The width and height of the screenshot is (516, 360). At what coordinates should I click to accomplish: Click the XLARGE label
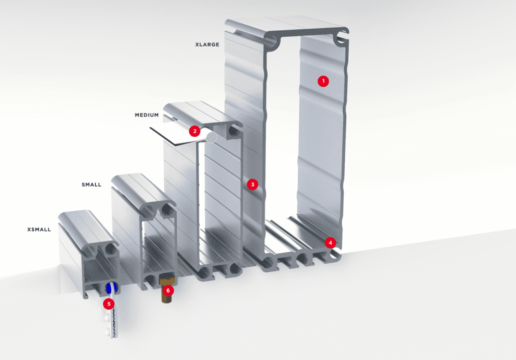pyautogui.click(x=207, y=44)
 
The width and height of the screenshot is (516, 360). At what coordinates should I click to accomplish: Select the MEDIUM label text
pyautogui.click(x=147, y=115)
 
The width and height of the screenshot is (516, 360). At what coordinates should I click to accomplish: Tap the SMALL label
pyautogui.click(x=92, y=185)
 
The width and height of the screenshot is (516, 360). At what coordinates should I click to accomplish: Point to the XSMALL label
pyautogui.click(x=39, y=229)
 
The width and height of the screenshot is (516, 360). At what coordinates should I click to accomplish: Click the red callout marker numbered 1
pyautogui.click(x=323, y=81)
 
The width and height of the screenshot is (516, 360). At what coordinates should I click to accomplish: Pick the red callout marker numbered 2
pyautogui.click(x=195, y=131)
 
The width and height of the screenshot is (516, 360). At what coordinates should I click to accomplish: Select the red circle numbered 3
pyautogui.click(x=252, y=185)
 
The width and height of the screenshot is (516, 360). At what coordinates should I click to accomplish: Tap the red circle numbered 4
pyautogui.click(x=331, y=243)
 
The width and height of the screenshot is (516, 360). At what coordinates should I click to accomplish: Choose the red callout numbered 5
pyautogui.click(x=109, y=304)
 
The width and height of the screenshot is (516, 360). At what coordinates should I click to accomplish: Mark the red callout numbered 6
pyautogui.click(x=168, y=290)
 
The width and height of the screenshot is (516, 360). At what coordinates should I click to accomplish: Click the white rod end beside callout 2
pyautogui.click(x=212, y=137)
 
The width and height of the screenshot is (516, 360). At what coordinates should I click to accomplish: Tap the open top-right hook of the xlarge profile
pyautogui.click(x=341, y=37)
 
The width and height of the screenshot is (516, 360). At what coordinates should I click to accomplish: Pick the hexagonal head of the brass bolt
pyautogui.click(x=167, y=279)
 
